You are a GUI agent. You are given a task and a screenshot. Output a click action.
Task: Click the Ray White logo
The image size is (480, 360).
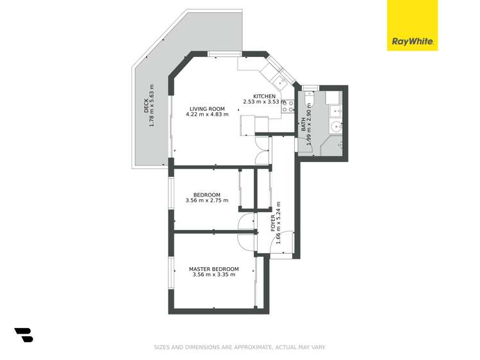[x=412, y=26]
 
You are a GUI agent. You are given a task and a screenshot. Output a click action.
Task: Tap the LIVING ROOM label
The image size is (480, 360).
[x=207, y=109]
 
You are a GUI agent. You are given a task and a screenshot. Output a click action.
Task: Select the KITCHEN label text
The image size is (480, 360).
[x=264, y=96]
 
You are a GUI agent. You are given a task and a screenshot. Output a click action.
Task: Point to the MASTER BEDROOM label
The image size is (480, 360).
[x=213, y=269]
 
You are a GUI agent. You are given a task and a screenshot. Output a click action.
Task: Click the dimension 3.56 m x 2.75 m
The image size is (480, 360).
[x=207, y=200]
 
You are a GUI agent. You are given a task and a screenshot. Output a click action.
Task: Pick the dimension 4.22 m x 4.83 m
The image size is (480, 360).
[x=207, y=115]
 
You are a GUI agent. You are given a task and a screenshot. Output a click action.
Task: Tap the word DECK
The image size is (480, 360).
[x=146, y=106]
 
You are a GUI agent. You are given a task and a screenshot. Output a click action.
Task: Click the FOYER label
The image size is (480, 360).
[x=273, y=223]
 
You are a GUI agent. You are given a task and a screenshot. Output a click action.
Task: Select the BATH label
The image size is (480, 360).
[x=303, y=124]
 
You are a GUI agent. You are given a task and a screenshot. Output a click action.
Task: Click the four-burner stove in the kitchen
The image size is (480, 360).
[x=288, y=106]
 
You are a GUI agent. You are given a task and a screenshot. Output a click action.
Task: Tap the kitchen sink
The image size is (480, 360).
[x=280, y=82]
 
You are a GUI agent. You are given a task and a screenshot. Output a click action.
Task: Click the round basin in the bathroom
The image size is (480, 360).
[x=336, y=126]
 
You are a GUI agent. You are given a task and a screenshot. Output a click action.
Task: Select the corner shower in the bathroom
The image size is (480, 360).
[x=332, y=146]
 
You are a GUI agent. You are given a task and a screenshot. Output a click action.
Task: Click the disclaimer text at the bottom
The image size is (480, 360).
[x=240, y=347]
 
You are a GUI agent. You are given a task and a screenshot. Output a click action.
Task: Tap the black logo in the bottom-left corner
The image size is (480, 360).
[x=24, y=335]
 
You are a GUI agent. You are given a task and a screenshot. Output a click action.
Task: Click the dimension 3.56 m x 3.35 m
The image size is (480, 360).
[x=214, y=275]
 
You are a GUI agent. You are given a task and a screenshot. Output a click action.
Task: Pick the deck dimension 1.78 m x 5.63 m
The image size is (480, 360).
[x=151, y=106]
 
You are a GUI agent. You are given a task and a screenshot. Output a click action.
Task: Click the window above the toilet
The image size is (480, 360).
[x=310, y=88]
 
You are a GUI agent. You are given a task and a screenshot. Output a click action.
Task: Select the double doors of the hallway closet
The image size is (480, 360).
[x=262, y=151]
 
